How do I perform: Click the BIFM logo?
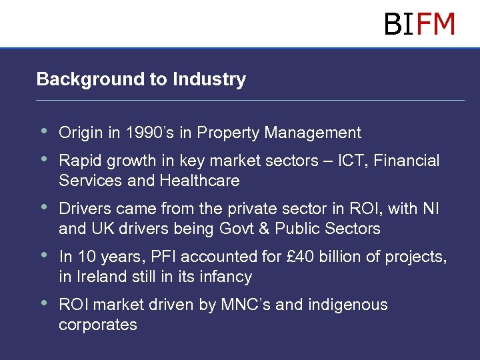pos(419,25)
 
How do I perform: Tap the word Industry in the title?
pos(209,79)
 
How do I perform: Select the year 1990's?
pos(148,133)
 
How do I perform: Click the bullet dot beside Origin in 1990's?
pos(44,131)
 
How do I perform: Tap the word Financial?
pos(407,161)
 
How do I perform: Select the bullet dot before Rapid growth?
pos(44,159)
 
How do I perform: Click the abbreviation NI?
pos(431,209)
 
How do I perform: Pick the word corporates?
pos(98,325)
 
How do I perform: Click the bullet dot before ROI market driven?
pos(44,303)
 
